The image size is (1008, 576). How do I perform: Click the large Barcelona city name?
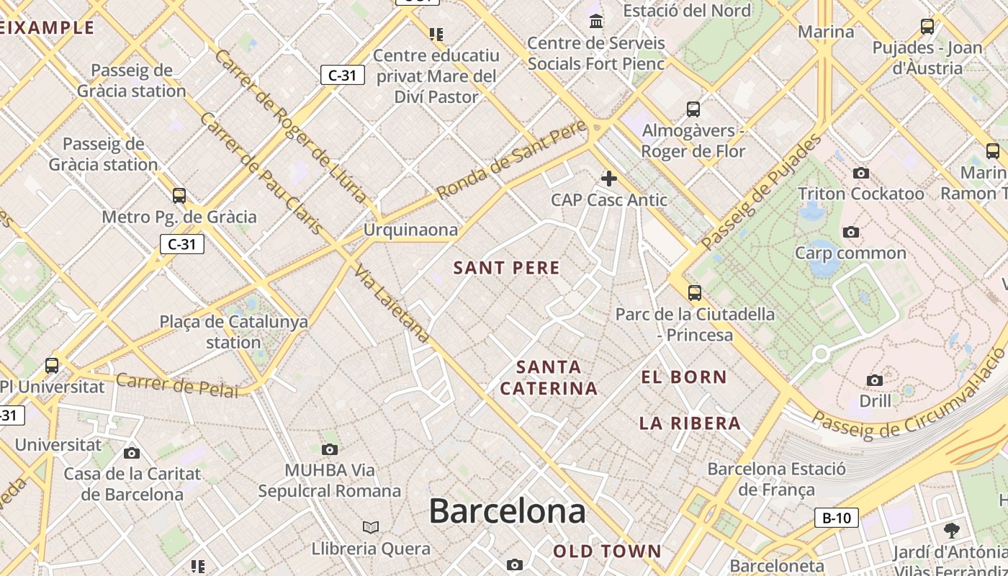507,511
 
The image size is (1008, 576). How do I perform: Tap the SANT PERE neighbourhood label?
506,268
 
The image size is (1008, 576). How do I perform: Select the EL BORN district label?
684,377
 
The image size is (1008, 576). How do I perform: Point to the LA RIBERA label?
690,423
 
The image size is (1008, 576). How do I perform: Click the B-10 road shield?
837,517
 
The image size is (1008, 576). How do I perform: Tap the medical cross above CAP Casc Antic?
609,179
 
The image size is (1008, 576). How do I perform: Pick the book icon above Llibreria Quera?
371,527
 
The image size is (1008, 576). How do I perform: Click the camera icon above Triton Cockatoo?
860,173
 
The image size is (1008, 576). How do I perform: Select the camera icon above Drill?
875,380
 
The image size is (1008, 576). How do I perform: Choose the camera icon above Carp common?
851,232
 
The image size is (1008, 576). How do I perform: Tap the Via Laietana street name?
392,303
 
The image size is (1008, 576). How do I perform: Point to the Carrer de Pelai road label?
176,384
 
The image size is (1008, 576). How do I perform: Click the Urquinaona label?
410,230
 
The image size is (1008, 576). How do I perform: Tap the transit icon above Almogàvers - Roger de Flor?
693,109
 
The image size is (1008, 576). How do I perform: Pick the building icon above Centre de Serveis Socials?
596,22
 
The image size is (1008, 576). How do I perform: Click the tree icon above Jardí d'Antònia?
951,531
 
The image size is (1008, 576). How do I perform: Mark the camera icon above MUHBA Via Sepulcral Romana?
330,450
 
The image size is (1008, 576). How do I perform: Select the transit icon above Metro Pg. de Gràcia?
179,195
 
